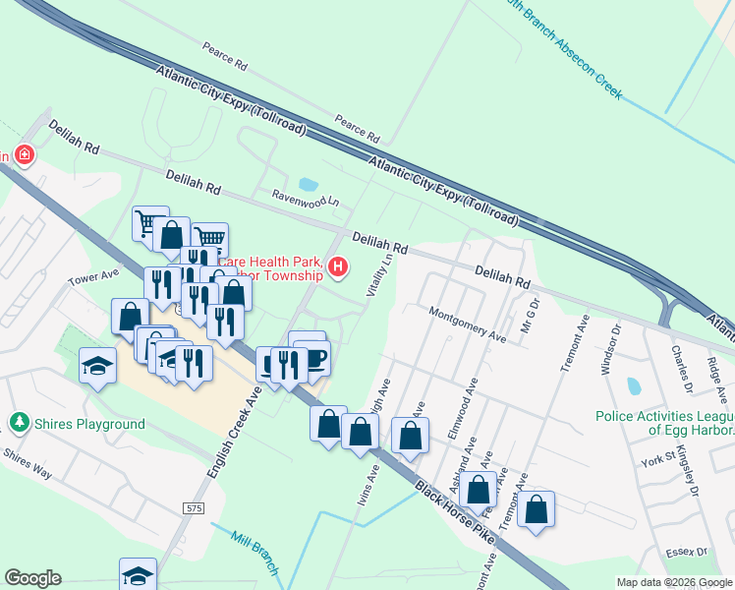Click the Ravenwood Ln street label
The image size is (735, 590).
305,198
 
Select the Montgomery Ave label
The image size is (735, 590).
467,324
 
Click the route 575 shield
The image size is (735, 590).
193,506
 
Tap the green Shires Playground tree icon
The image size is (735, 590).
18,424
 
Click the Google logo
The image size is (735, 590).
32,578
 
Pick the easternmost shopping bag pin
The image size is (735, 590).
537,508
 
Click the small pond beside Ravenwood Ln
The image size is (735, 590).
309,184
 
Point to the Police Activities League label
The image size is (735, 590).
664,423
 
